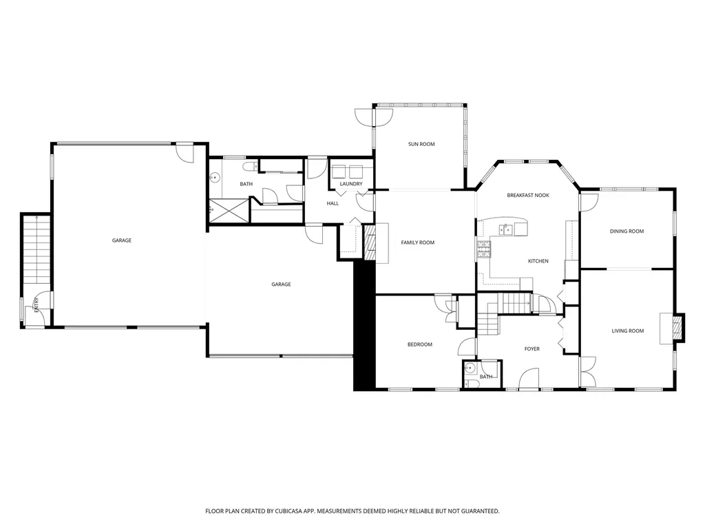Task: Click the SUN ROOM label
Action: click(x=421, y=144)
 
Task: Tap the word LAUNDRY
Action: click(x=351, y=184)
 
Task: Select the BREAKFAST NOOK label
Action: click(x=528, y=196)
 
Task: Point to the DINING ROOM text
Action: click(x=627, y=231)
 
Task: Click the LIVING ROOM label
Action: click(x=627, y=331)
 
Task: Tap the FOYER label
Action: click(x=532, y=349)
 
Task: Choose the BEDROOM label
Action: click(x=419, y=344)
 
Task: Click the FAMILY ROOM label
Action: click(x=418, y=242)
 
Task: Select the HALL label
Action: click(x=333, y=203)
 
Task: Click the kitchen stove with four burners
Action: click(x=483, y=248)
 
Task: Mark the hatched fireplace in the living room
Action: click(x=679, y=327)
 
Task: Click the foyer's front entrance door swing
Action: click(x=529, y=380)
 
